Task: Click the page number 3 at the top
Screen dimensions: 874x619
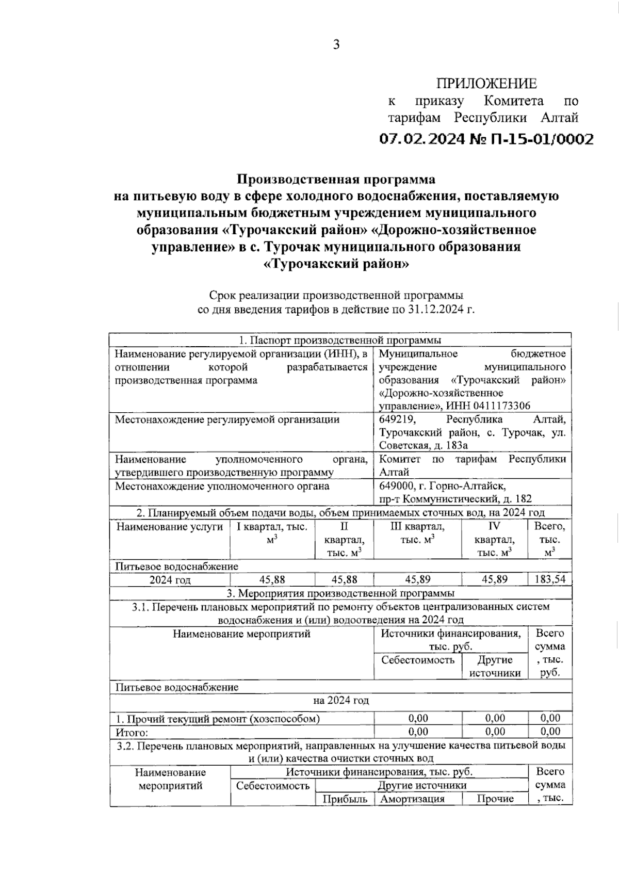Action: (336, 45)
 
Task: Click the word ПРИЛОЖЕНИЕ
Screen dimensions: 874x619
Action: (486, 84)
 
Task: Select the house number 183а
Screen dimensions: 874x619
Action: (453, 446)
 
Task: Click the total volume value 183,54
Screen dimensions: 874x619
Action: (550, 579)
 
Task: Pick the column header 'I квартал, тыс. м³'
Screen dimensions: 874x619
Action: (272, 533)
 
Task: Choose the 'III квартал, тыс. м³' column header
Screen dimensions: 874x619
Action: (417, 533)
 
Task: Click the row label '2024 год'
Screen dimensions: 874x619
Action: (170, 580)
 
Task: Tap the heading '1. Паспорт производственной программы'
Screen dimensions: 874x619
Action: (340, 340)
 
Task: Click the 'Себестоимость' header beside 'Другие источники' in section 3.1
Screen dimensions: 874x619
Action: (418, 660)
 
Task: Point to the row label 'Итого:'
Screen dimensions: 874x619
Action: (132, 732)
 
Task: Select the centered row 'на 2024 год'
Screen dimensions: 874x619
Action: (341, 701)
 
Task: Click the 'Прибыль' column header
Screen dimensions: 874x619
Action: (345, 799)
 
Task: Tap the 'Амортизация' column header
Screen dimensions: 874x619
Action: (417, 799)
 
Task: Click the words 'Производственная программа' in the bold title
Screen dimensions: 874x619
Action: (336, 180)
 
